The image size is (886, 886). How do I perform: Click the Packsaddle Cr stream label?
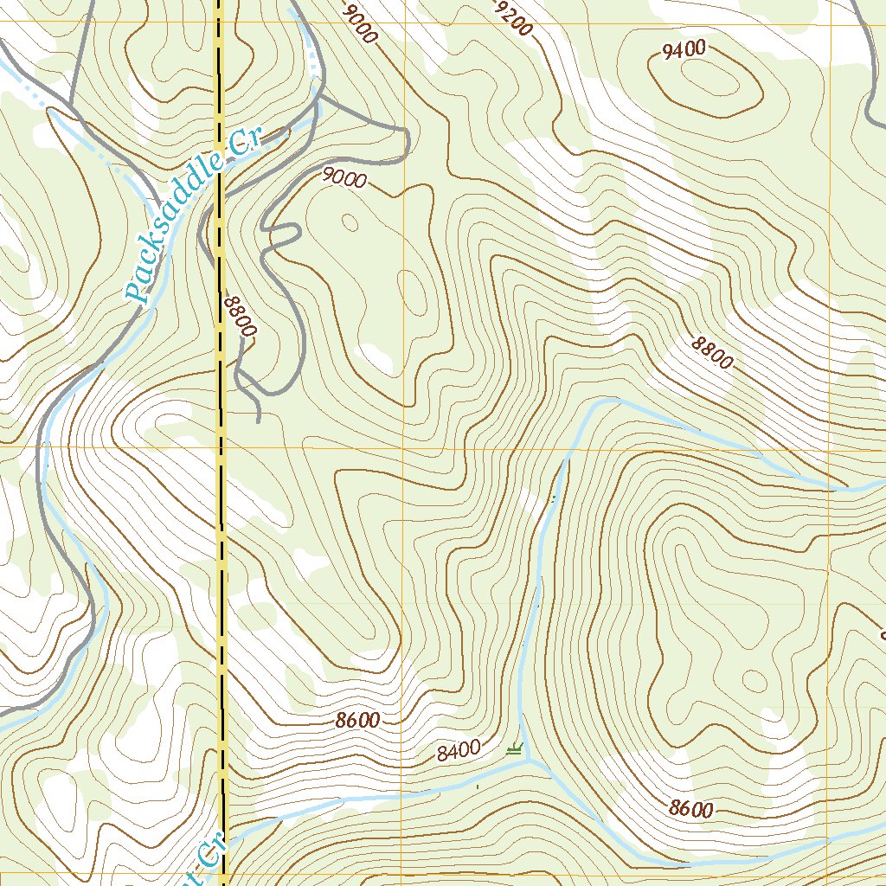pos(192,216)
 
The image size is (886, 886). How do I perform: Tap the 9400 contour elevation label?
pos(684,50)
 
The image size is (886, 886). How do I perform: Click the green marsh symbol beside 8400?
pos(517,749)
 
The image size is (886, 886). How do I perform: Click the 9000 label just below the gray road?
pos(344,178)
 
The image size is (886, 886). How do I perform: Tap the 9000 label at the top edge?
pos(360,23)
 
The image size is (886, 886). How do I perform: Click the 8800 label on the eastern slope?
pos(712,353)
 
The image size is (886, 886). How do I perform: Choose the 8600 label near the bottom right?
pos(691,809)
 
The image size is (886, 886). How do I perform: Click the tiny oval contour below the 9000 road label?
pos(350,222)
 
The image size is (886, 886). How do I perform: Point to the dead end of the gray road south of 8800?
pos(259,421)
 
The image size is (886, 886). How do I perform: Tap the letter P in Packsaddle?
pos(135,292)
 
